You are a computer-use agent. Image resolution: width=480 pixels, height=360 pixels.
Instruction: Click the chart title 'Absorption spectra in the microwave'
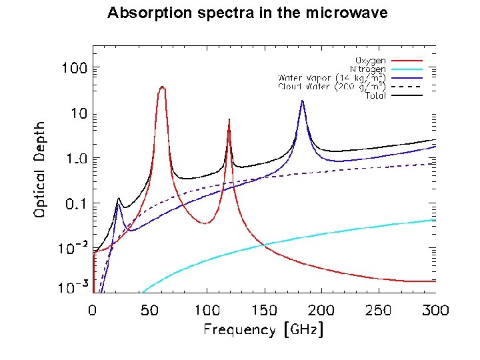[247, 13]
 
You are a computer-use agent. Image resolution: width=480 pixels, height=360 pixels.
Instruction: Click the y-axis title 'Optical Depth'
[41, 169]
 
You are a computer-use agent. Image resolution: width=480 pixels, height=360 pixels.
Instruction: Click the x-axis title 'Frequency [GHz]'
[263, 329]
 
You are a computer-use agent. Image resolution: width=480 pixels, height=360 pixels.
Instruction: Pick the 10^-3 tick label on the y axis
[75, 288]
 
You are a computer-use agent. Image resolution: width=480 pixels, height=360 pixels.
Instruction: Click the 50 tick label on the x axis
[149, 310]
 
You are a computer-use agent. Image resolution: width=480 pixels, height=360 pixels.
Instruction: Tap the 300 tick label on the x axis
[435, 310]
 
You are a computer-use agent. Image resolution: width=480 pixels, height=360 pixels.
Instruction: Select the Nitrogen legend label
[367, 69]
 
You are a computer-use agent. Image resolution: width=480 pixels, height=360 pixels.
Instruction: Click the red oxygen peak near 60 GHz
[162, 87]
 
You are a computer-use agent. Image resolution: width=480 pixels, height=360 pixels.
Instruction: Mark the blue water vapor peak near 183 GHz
[303, 101]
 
